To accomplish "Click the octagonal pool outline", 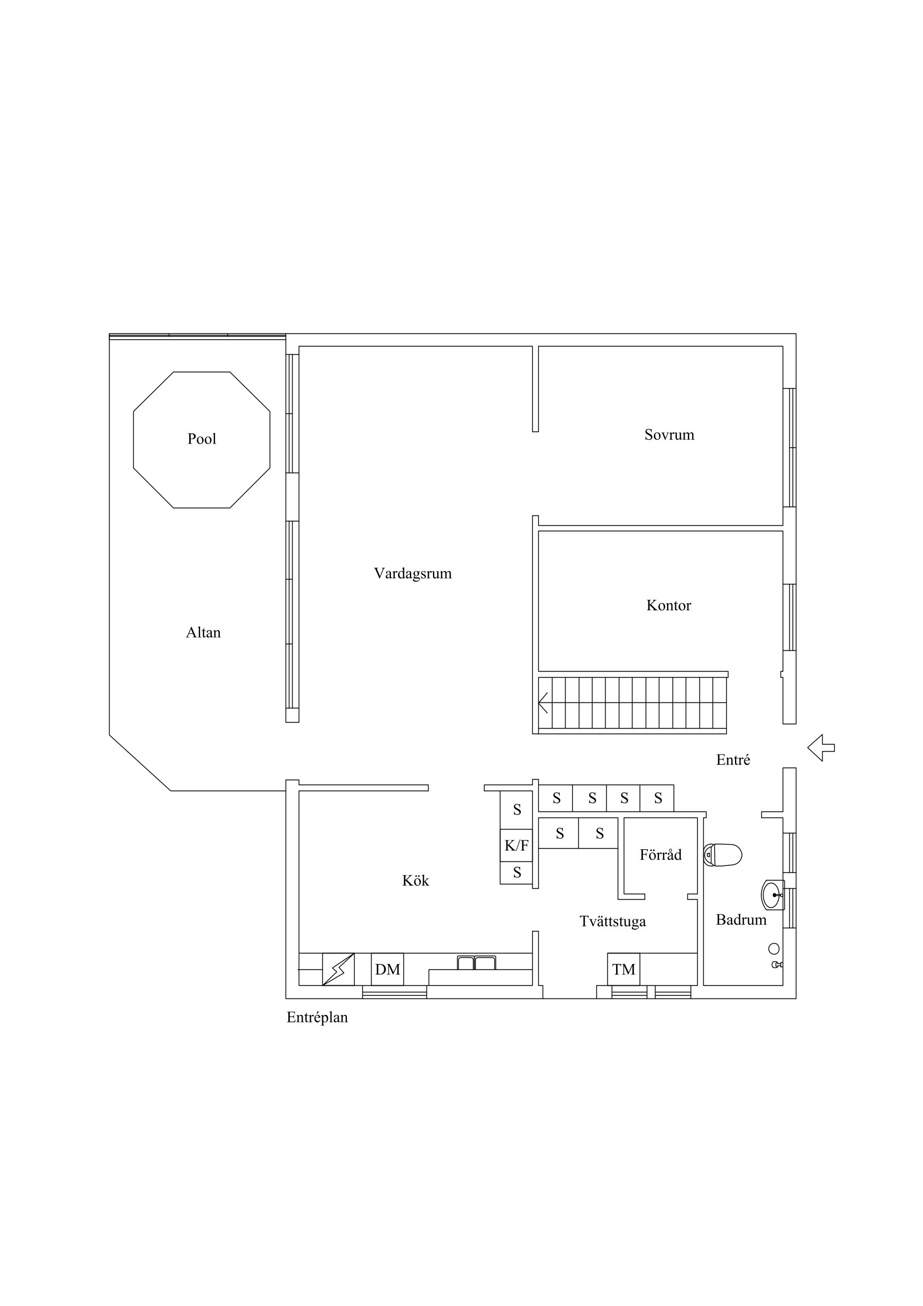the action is (134, 439).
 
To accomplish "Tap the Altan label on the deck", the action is (203, 633).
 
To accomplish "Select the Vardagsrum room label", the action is (413, 573).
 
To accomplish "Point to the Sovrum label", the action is (669, 435).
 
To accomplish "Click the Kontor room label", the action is (669, 605).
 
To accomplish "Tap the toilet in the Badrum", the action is (723, 855).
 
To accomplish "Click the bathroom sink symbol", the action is (773, 895).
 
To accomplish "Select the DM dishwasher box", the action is (388, 969).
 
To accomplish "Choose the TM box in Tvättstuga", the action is (623, 969).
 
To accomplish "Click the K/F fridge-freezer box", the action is (516, 846).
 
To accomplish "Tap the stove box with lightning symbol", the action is (338, 969).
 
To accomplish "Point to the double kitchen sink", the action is (476, 962).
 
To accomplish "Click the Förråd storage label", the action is (660, 855).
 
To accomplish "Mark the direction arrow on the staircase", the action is (543, 702).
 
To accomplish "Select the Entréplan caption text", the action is (317, 1018).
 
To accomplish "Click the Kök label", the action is (415, 881).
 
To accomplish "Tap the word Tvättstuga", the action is (612, 922).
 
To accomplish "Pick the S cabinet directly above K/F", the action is (516, 810).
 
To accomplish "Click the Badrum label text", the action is (741, 920).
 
